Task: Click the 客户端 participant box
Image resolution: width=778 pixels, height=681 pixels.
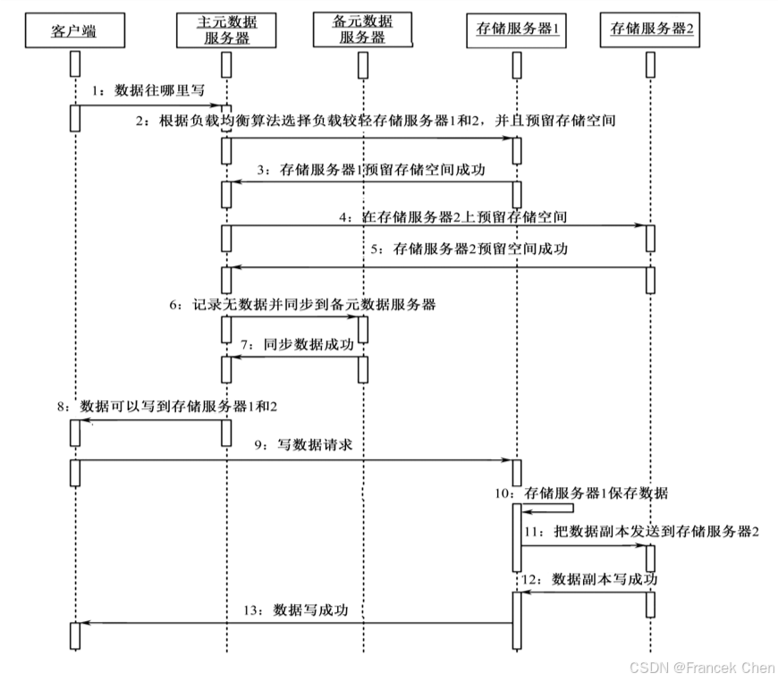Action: click(74, 33)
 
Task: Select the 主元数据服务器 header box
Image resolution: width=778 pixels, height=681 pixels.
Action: click(227, 29)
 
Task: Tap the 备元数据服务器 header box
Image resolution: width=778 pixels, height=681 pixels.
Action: click(363, 29)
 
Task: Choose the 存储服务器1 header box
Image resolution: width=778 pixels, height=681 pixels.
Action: click(515, 29)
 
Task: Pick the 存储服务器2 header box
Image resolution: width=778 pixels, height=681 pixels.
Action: click(652, 29)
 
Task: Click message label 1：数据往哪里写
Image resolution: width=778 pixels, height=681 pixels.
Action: click(148, 91)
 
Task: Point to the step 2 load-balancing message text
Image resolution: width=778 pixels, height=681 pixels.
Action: click(376, 122)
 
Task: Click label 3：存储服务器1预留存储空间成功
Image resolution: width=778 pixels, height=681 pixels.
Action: click(370, 169)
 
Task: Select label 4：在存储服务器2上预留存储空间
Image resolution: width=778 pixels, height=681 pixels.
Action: click(452, 216)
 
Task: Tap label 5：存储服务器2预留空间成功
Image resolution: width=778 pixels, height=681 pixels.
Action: click(468, 249)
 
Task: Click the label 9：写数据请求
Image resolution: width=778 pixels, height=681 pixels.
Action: click(312, 445)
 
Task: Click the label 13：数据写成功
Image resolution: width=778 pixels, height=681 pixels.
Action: click(295, 610)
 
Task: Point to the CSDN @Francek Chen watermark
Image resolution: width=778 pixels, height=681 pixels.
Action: click(702, 668)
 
